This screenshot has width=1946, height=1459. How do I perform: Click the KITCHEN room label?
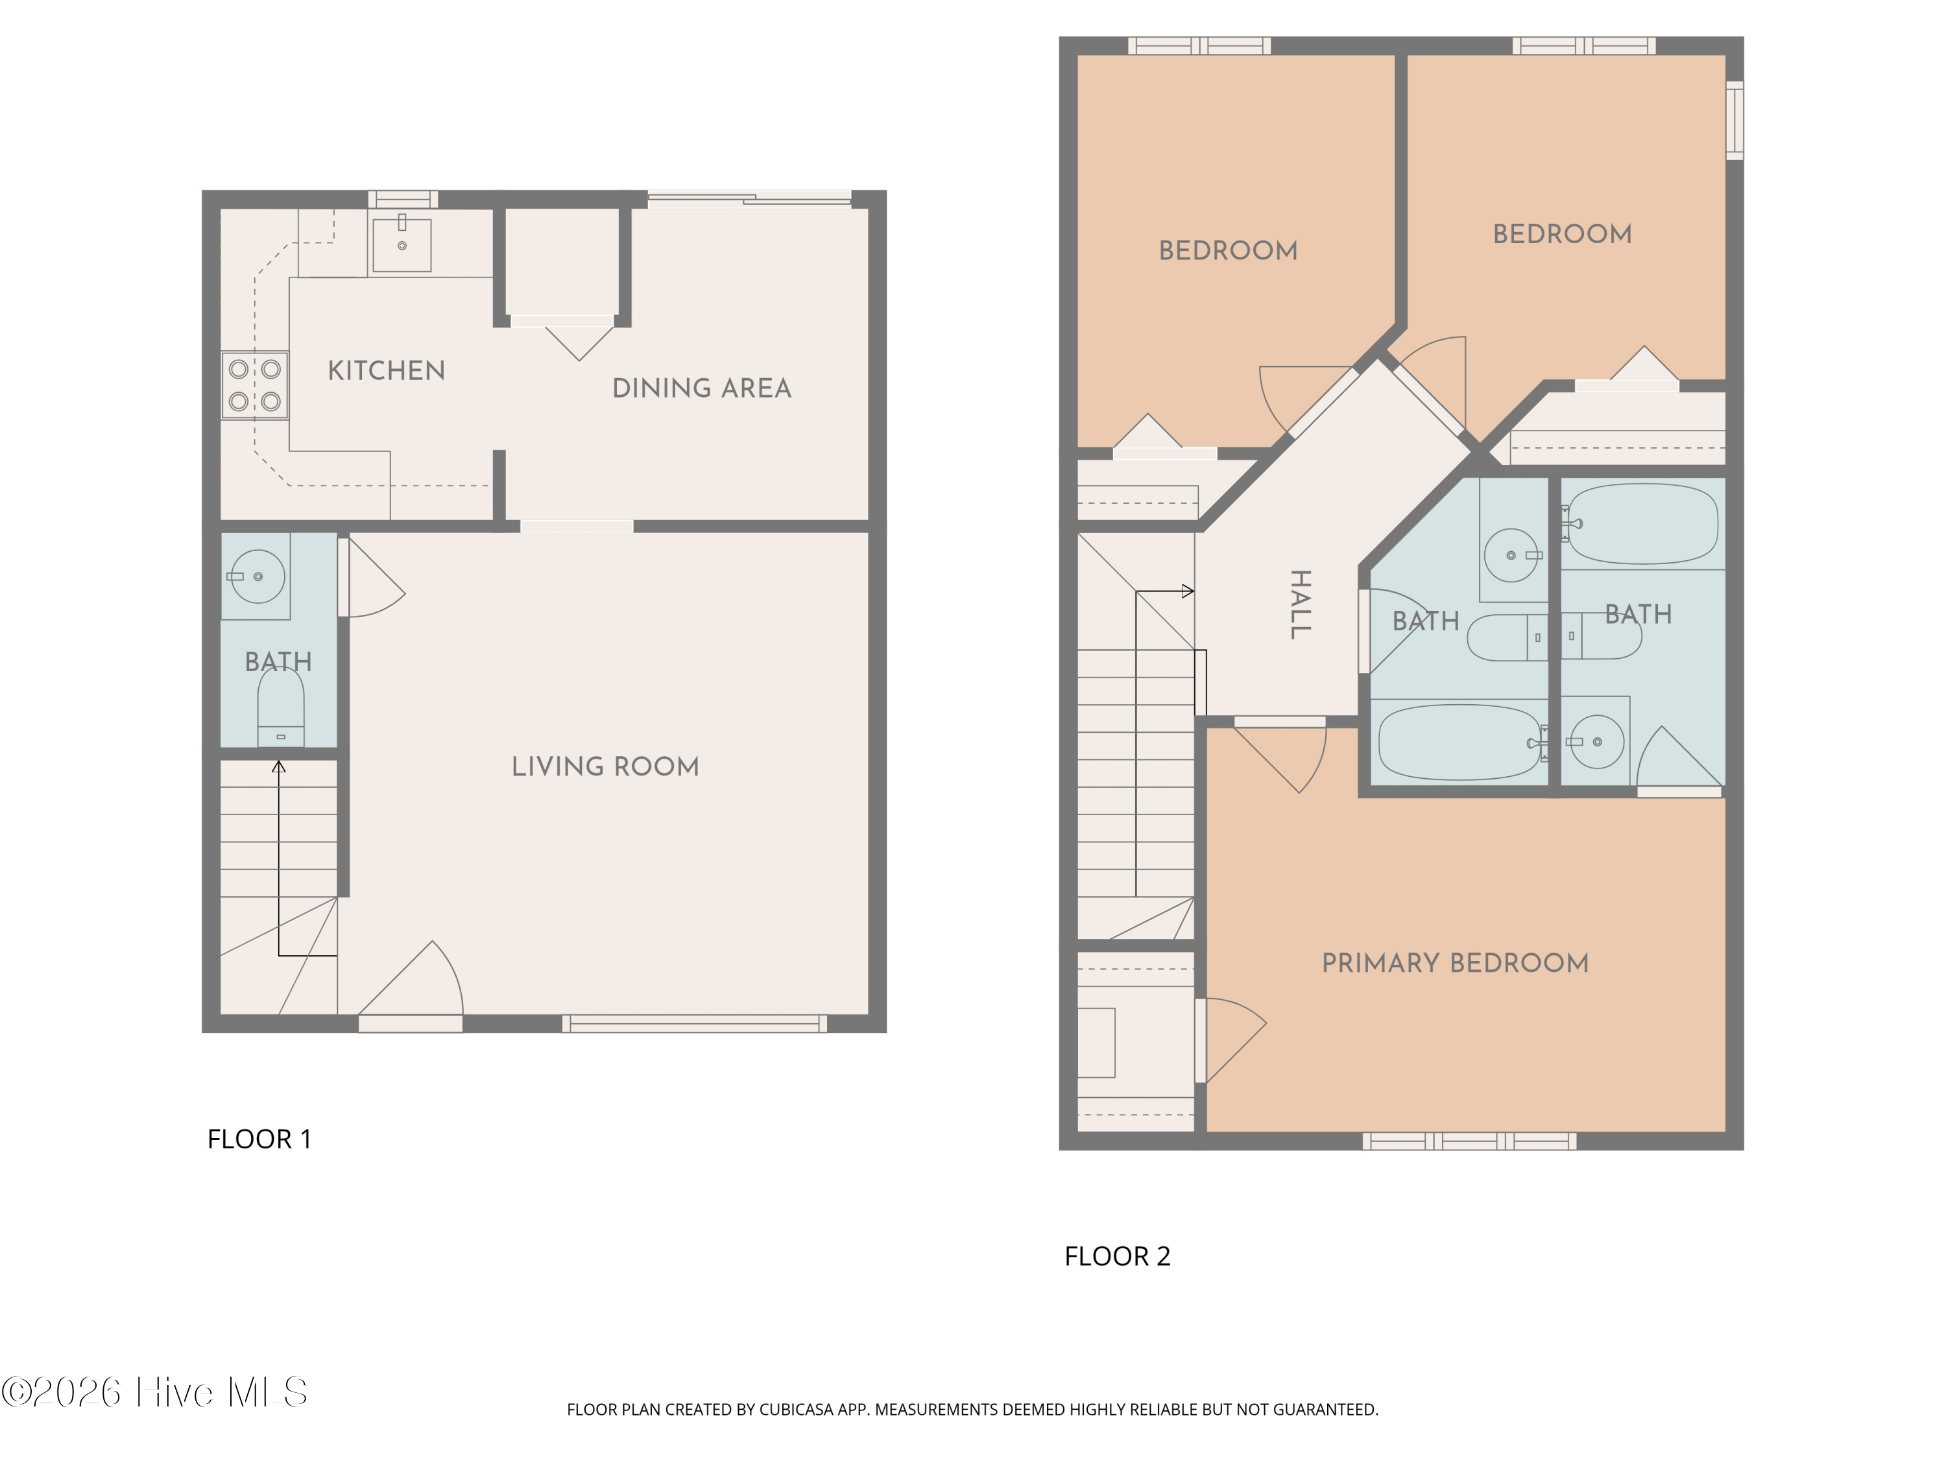[386, 370]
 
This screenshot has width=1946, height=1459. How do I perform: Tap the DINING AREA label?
[702, 388]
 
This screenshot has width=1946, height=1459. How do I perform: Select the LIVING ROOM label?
[605, 767]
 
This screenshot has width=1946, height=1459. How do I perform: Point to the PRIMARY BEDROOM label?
[1455, 963]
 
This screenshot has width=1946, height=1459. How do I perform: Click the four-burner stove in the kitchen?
[254, 385]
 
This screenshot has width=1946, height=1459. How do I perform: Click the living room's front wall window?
[695, 1023]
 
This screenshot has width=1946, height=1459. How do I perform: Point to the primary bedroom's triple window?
[1469, 1141]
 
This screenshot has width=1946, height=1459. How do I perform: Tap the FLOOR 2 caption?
[1117, 1256]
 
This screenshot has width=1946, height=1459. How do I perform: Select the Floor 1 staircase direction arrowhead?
[279, 767]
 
